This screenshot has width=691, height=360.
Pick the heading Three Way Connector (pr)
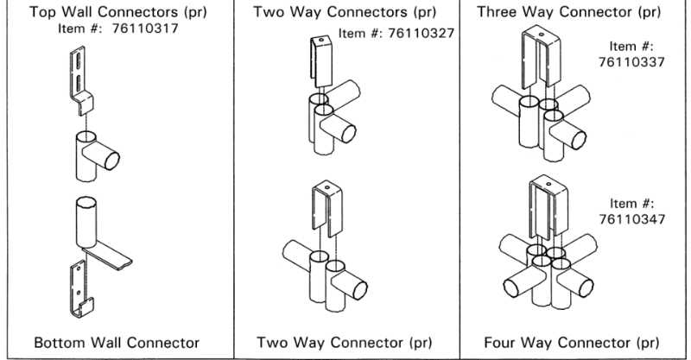pos(574,13)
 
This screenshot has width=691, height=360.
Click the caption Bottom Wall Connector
pos(116,343)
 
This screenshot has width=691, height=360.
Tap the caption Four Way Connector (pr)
pos(574,343)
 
